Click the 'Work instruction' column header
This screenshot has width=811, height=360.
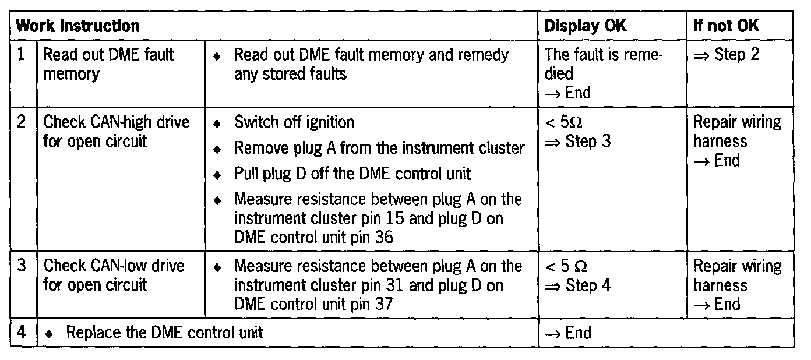77,26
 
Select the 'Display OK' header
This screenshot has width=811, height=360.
586,26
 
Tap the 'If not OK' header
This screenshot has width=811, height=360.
726,26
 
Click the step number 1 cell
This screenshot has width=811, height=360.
22,55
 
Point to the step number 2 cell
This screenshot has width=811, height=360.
22,122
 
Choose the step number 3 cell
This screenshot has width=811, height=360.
22,266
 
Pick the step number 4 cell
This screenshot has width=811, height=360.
22,333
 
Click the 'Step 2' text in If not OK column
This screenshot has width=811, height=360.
736,55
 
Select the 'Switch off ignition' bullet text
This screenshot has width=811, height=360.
294,122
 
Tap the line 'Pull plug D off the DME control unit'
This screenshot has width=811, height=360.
352,174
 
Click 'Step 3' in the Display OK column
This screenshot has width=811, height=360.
588,142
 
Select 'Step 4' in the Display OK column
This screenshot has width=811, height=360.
588,285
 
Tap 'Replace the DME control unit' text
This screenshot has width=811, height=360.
164,333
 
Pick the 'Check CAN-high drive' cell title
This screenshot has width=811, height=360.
117,122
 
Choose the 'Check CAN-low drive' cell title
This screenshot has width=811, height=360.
114,266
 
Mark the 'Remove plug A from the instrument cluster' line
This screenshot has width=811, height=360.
379,148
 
